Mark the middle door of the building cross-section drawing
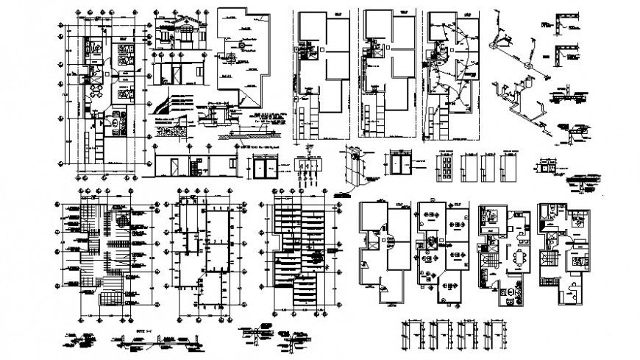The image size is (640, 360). [177, 75]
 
